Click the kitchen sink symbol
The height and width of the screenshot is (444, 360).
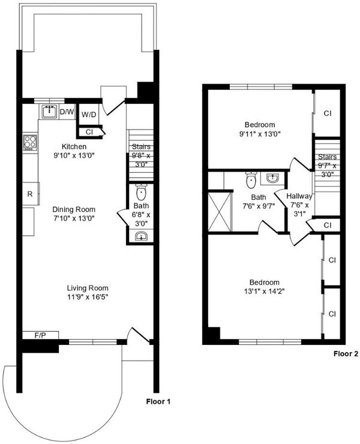(x=50, y=112)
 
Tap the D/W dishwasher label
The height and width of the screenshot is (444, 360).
(x=67, y=112)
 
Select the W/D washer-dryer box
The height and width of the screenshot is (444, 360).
(x=89, y=115)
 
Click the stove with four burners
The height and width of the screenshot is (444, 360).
(x=31, y=142)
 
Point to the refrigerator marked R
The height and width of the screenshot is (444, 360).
(x=31, y=194)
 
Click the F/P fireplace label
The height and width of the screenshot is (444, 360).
(x=40, y=336)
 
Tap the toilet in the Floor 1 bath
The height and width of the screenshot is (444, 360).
(x=142, y=192)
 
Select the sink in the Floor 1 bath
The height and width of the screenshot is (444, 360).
(x=141, y=236)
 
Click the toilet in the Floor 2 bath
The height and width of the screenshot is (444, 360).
(x=251, y=180)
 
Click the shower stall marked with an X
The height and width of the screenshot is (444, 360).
(x=220, y=212)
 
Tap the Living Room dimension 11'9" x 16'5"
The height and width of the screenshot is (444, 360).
(x=88, y=297)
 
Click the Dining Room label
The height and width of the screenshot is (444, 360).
(x=74, y=209)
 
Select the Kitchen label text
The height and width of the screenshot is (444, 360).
(x=74, y=146)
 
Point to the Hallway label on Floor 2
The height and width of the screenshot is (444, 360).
(x=299, y=196)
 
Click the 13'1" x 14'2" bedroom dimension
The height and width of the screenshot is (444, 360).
(x=264, y=291)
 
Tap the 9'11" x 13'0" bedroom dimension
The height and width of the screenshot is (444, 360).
(x=260, y=134)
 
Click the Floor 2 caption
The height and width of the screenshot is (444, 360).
(x=346, y=353)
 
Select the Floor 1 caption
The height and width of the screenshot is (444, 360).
(x=158, y=401)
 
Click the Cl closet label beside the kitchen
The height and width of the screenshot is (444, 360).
(x=89, y=132)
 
